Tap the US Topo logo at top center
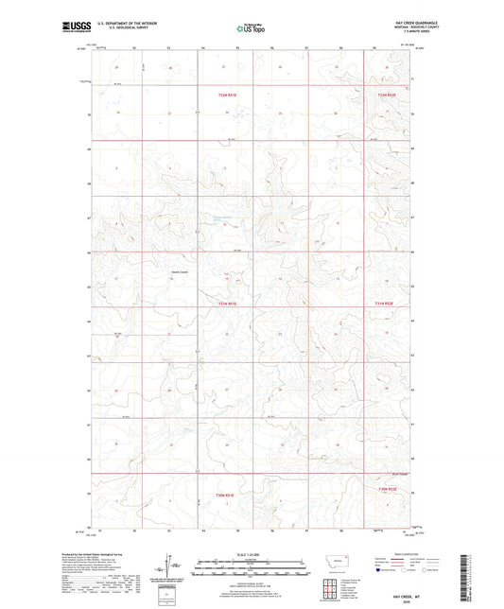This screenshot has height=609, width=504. [x=249, y=29]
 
